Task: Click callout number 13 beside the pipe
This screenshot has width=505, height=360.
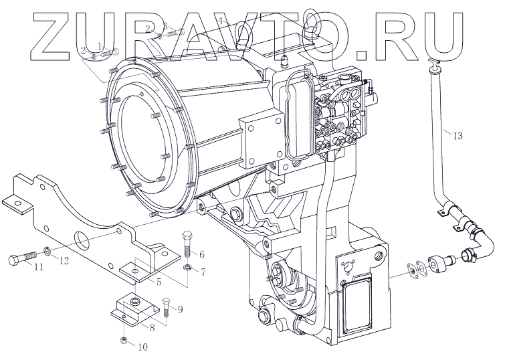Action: (458, 137)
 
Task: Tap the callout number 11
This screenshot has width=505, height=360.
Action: (38, 267)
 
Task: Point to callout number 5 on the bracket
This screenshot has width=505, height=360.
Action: (158, 282)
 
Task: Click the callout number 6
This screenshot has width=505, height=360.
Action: (201, 254)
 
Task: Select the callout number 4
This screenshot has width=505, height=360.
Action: (222, 20)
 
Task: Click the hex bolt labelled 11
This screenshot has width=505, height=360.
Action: (20, 259)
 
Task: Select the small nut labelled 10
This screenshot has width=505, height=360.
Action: (125, 342)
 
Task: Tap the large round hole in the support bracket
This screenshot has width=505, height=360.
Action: (80, 238)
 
